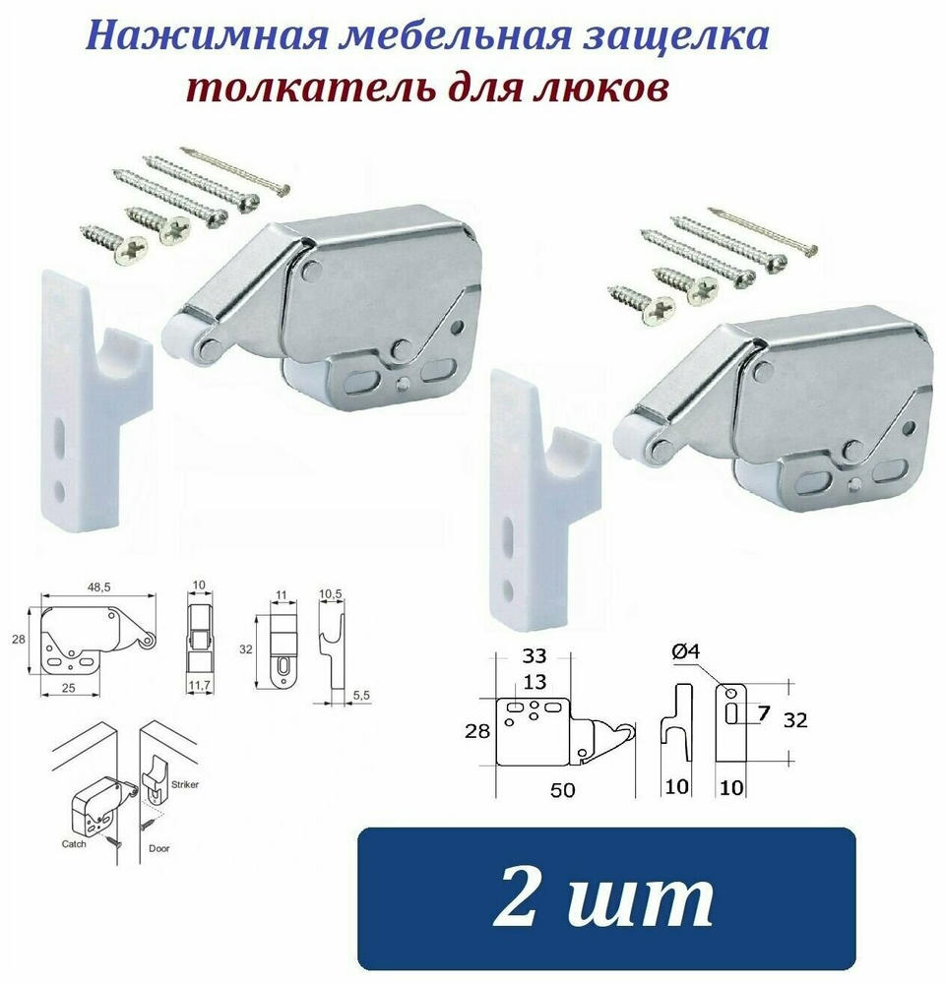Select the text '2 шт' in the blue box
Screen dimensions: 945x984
click(x=603, y=898)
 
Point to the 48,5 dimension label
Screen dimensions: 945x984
click(x=98, y=586)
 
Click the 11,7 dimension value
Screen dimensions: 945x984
click(x=199, y=686)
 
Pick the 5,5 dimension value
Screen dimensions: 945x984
click(x=361, y=696)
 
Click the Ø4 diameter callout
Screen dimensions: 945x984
click(x=686, y=652)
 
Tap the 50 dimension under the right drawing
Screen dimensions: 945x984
click(x=563, y=789)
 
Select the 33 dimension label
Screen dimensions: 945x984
click(x=535, y=655)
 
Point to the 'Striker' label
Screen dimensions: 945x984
click(x=185, y=784)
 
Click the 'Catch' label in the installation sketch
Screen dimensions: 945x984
click(x=74, y=844)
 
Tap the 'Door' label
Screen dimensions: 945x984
click(x=159, y=848)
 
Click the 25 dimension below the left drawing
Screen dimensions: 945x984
click(x=69, y=688)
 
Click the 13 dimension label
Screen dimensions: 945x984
click(x=535, y=681)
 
